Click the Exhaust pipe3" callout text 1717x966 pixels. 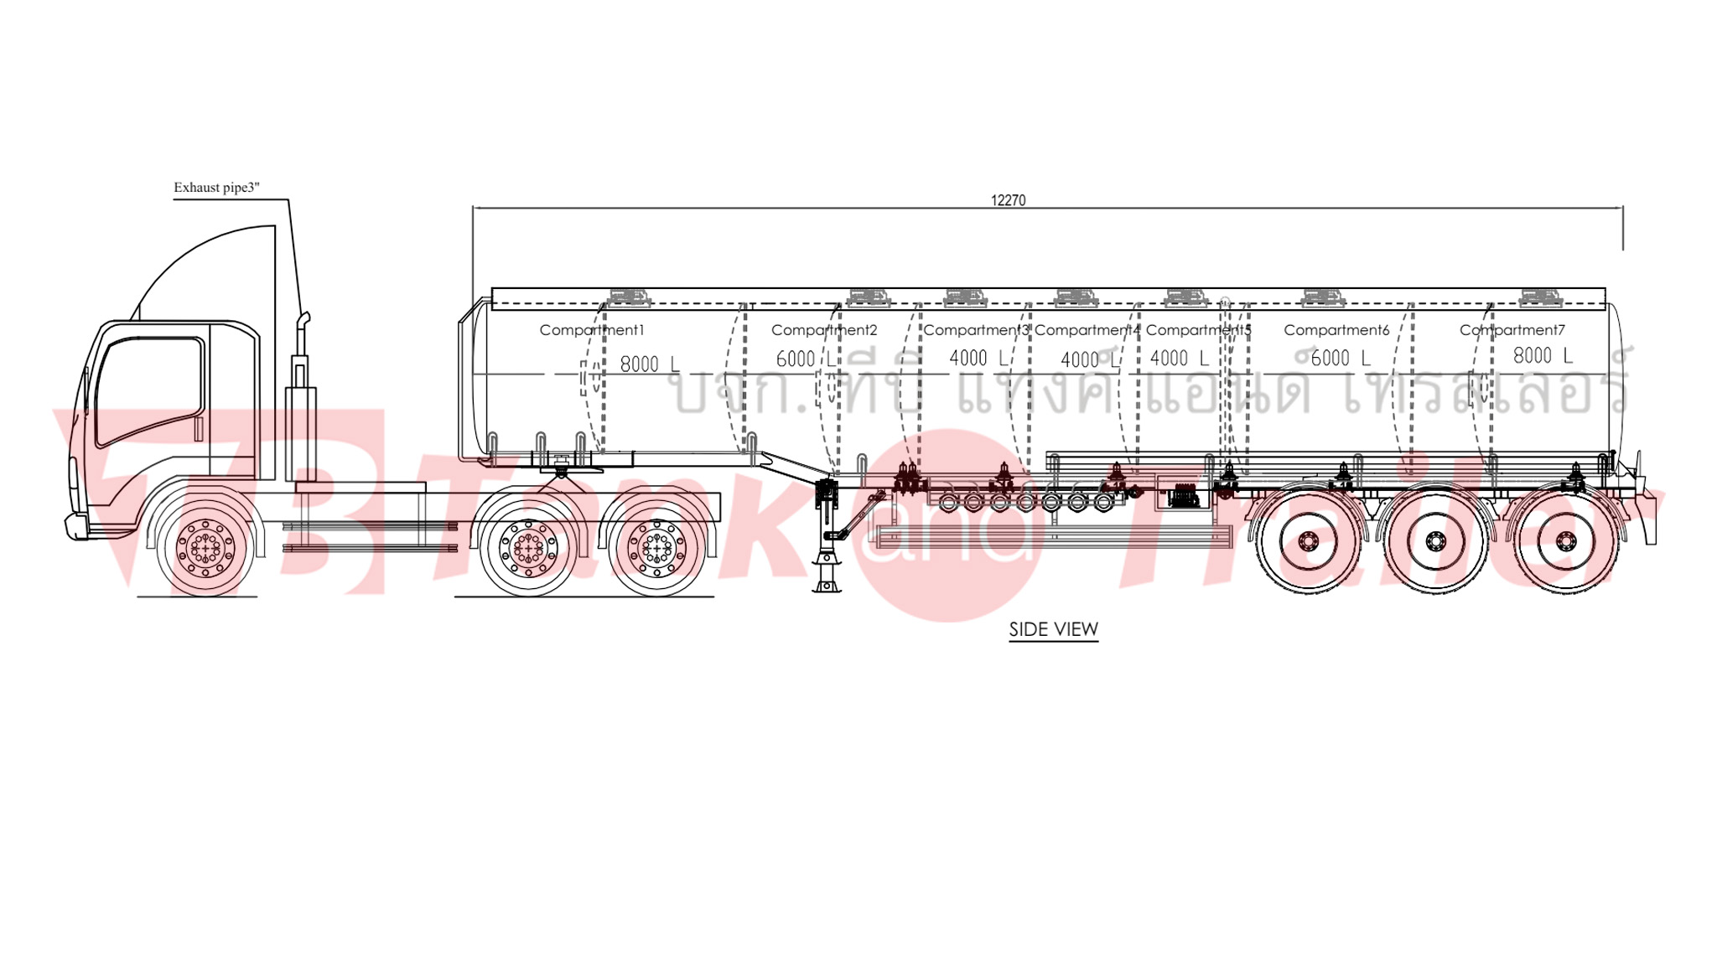pos(216,188)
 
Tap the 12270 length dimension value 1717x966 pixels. pos(1008,200)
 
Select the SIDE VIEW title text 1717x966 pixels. pos(1053,629)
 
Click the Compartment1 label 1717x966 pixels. pos(592,330)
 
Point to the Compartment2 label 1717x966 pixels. pos(824,330)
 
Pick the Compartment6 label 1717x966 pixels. pos(1336,330)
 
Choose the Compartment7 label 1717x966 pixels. pos(1512,330)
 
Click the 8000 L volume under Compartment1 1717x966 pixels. pos(649,364)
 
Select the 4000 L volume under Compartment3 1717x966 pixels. pos(978,359)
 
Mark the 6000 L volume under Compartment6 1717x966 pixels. pos(1340,359)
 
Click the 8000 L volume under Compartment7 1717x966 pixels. pos(1542,356)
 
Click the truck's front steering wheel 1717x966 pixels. pos(205,548)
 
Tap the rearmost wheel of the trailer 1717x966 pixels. pos(1564,543)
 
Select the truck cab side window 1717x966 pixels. pos(149,390)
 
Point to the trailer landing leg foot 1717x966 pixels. pos(826,586)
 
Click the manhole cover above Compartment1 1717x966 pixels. pos(628,297)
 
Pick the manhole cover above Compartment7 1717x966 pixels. pos(1541,297)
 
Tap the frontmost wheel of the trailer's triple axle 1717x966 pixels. pos(1306,543)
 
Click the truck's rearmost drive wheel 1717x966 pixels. pos(656,548)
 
